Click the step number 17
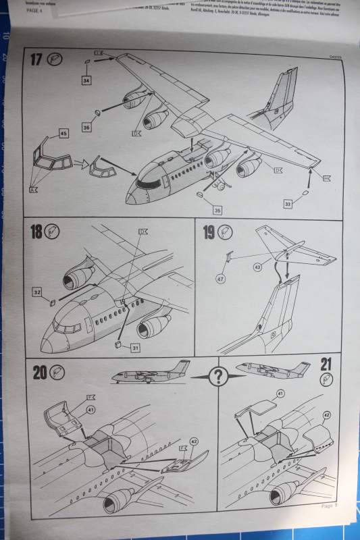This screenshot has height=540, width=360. (36, 59)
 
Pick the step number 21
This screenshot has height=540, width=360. (326, 367)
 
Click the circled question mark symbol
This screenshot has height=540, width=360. (217, 377)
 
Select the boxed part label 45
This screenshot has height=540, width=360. (63, 134)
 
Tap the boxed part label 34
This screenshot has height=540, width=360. (87, 81)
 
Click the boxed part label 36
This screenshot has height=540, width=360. (86, 126)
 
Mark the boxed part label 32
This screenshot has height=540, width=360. (37, 292)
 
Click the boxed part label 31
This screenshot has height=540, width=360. (135, 348)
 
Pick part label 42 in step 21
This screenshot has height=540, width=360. (326, 416)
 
